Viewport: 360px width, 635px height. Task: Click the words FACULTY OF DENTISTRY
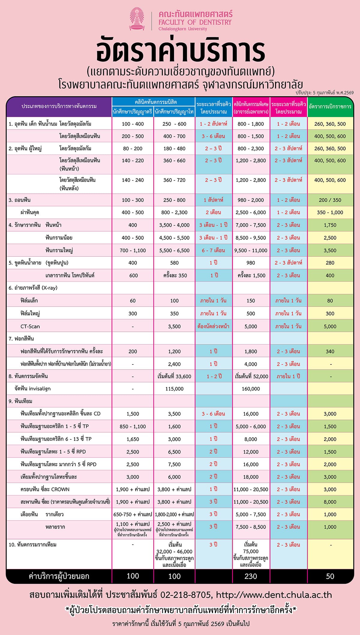coord(195,22)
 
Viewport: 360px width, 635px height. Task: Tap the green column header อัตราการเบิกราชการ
coord(330,106)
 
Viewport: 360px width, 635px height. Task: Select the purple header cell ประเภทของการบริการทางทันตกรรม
coord(59,106)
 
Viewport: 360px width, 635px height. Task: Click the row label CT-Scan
coord(30,326)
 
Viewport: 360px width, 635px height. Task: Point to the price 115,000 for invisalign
coord(174,389)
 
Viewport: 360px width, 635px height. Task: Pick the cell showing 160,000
coord(251,389)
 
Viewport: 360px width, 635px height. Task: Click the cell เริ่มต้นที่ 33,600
coord(174,376)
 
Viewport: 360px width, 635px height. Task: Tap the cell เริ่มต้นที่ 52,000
coord(251,376)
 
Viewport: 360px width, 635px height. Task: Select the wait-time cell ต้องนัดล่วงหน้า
coord(213,326)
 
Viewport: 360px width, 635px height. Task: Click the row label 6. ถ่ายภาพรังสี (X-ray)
coord(33,288)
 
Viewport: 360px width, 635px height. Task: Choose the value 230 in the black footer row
coord(251,576)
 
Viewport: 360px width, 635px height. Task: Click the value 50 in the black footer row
coord(330,576)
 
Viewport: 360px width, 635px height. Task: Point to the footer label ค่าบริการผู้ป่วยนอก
coord(59,576)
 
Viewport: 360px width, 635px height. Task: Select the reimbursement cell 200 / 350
coord(330,200)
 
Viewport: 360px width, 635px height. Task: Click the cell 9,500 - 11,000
coord(251,250)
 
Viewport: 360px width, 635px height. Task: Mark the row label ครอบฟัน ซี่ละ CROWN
coord(45,490)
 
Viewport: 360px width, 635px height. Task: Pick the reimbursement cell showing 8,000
coord(330,502)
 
